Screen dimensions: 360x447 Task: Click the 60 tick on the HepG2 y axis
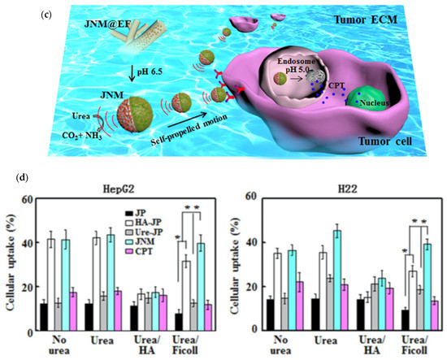(x=25, y=199)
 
